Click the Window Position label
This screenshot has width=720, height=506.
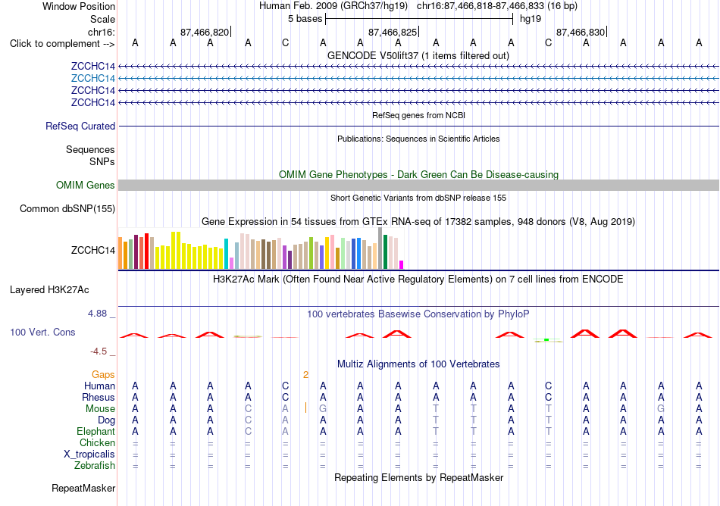pos(79,6)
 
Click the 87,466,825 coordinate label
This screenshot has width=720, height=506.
pos(393,32)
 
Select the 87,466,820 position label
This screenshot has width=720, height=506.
pos(205,32)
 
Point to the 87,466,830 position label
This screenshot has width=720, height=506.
pos(581,32)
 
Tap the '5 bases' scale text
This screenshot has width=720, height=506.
pos(305,19)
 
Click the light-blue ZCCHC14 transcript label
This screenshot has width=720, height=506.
pos(92,79)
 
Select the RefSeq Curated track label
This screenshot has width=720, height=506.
pos(80,126)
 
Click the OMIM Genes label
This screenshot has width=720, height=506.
pos(86,186)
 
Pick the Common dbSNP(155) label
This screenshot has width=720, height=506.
pos(67,209)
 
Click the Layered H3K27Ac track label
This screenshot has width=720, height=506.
pos(49,290)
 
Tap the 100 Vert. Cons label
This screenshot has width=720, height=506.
pos(42,332)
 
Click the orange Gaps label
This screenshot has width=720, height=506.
pos(103,375)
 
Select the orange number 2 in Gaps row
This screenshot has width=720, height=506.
pos(306,375)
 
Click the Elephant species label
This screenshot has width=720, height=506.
pos(96,432)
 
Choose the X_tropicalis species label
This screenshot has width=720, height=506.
pos(89,454)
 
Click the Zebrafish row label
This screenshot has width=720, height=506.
pos(95,466)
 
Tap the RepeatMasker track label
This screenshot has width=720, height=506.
pos(83,488)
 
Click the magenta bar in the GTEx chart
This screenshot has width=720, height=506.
pos(402,264)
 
